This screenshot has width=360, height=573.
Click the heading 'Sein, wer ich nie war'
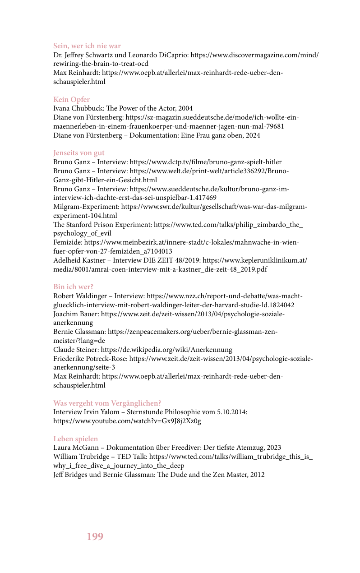point(87,46)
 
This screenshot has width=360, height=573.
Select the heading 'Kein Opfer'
point(71,100)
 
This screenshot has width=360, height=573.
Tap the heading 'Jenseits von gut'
point(78,153)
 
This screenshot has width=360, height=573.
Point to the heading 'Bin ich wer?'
point(73,287)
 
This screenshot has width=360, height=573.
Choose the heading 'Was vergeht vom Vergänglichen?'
point(107,403)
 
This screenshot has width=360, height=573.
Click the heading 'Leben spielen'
point(75,439)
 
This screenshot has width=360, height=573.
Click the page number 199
point(95,536)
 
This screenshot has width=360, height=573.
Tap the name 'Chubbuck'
point(88,108)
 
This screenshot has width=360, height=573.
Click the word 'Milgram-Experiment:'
point(86,207)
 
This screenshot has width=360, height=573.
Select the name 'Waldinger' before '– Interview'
point(91,296)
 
